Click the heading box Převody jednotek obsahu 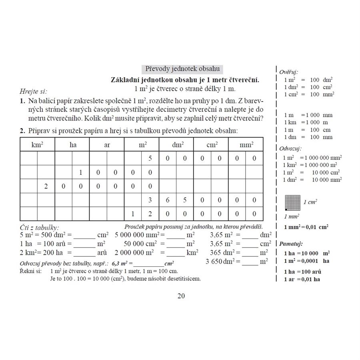tap(182, 69)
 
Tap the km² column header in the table tap(37, 145)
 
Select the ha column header tap(72, 145)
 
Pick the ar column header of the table tap(107, 145)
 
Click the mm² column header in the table tap(246, 145)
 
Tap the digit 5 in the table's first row tap(150, 158)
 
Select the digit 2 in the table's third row tap(46, 186)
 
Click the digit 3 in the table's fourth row tap(150, 200)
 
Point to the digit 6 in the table tap(168, 200)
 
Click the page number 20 tap(181, 296)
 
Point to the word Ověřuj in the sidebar tap(289, 72)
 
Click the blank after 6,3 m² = tap(149, 263)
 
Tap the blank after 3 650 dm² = tap(250, 262)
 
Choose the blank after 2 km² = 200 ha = tap(84, 253)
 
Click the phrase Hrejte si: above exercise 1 tap(33, 92)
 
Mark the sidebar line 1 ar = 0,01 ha tap(302, 279)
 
